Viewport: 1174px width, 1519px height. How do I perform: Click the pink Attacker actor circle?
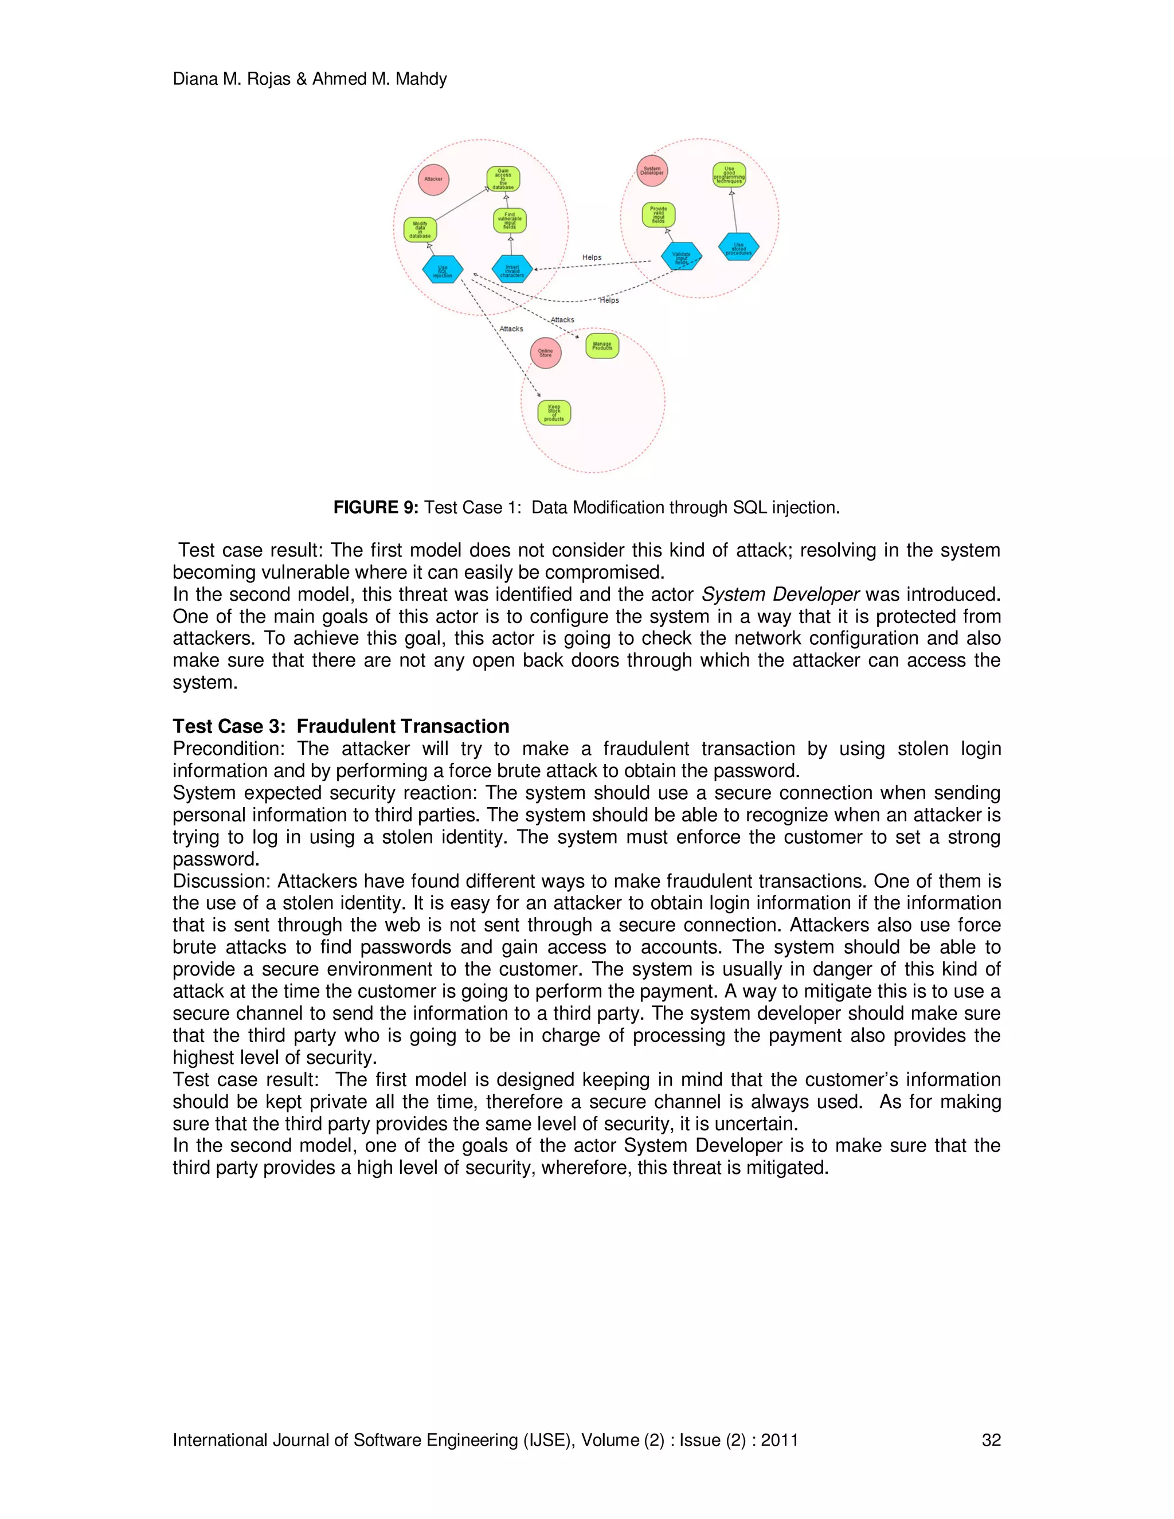tap(433, 179)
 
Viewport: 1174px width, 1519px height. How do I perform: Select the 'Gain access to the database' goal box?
tap(503, 179)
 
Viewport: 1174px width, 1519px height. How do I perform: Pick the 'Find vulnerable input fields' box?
tap(510, 221)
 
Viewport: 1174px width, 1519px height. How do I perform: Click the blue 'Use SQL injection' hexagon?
tap(443, 270)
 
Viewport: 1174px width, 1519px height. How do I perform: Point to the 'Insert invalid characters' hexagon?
tap(512, 270)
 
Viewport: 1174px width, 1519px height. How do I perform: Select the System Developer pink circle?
tap(652, 171)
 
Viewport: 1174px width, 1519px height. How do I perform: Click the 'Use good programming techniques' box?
tap(729, 175)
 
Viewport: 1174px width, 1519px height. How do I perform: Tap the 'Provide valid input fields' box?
tap(658, 215)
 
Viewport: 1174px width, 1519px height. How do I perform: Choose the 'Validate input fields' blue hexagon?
tap(682, 257)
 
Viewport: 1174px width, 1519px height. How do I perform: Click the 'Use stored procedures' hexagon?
tap(738, 247)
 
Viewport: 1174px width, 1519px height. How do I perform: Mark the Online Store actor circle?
tap(545, 353)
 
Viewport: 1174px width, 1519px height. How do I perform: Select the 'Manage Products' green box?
tap(602, 346)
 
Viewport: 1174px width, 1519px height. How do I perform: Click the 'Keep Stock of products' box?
tap(554, 413)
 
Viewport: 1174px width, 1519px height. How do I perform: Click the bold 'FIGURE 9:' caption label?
tap(375, 508)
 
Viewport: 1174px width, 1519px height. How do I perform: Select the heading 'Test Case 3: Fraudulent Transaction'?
tap(341, 726)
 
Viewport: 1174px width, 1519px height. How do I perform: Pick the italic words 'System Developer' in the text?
tap(780, 594)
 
